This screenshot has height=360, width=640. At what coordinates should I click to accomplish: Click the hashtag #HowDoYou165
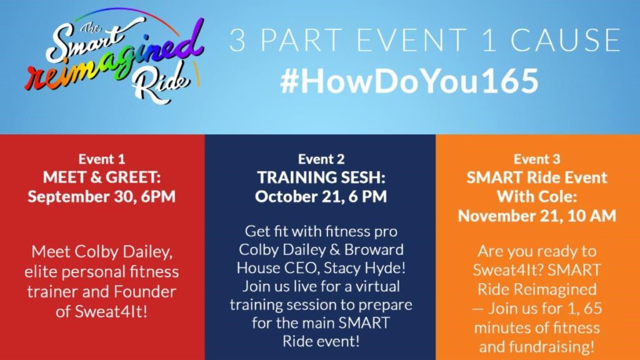[x=409, y=81]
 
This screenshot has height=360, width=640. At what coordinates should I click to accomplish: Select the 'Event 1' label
[x=102, y=159]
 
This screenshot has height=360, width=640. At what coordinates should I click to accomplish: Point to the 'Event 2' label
[x=321, y=159]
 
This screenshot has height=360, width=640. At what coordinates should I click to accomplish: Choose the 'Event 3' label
[x=537, y=159]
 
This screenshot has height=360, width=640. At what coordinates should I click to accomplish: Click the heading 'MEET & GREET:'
[x=102, y=177]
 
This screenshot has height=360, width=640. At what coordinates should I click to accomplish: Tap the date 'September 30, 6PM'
[x=102, y=196]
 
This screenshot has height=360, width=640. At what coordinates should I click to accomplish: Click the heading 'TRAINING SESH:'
[x=321, y=177]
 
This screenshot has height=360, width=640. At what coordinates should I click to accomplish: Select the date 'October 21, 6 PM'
[x=321, y=196]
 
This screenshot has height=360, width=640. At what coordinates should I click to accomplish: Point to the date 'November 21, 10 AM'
[x=537, y=216]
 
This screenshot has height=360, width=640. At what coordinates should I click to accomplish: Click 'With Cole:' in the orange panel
[x=537, y=196]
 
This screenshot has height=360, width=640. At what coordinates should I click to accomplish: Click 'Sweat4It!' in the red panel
[x=111, y=312]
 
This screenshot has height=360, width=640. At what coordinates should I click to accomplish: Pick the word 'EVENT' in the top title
[x=412, y=40]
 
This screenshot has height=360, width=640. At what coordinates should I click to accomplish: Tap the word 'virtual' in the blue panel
[x=377, y=286]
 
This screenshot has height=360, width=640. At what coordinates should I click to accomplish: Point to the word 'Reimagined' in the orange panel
[x=557, y=289]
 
